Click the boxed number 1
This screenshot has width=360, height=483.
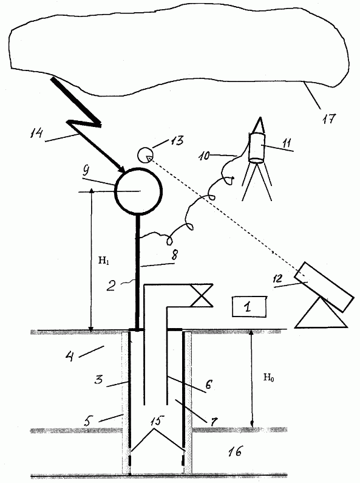(x=249, y=306)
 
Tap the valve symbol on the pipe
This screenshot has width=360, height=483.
(x=202, y=295)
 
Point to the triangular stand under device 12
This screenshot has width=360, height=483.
(x=321, y=313)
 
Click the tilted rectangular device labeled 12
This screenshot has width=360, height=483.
(x=324, y=287)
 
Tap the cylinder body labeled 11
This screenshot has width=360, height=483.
(x=257, y=148)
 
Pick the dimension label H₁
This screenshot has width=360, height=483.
(x=104, y=261)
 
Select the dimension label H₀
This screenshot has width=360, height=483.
(x=268, y=377)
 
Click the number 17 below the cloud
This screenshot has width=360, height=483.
(x=328, y=118)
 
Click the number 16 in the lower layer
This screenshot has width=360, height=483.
(x=235, y=451)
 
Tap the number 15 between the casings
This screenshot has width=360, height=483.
(x=156, y=421)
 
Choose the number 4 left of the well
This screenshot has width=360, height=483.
(x=70, y=356)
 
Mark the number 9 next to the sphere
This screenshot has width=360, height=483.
(x=87, y=171)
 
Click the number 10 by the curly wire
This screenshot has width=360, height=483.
(x=203, y=156)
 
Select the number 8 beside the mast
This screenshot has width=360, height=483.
(x=175, y=255)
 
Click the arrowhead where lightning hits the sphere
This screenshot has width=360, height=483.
(x=122, y=170)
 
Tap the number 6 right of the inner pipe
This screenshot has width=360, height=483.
(x=208, y=385)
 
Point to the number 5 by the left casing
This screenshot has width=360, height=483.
(x=87, y=421)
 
